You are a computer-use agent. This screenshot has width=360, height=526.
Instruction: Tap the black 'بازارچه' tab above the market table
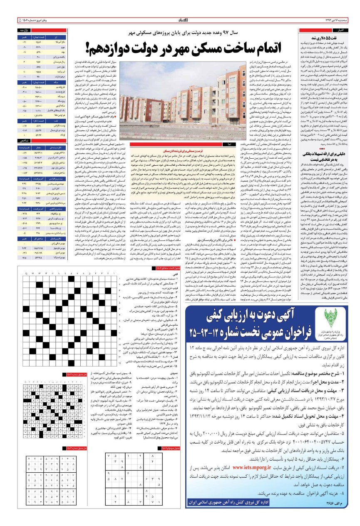[23, 30]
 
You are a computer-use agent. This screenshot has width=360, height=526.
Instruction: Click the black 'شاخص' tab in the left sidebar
[23, 141]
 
